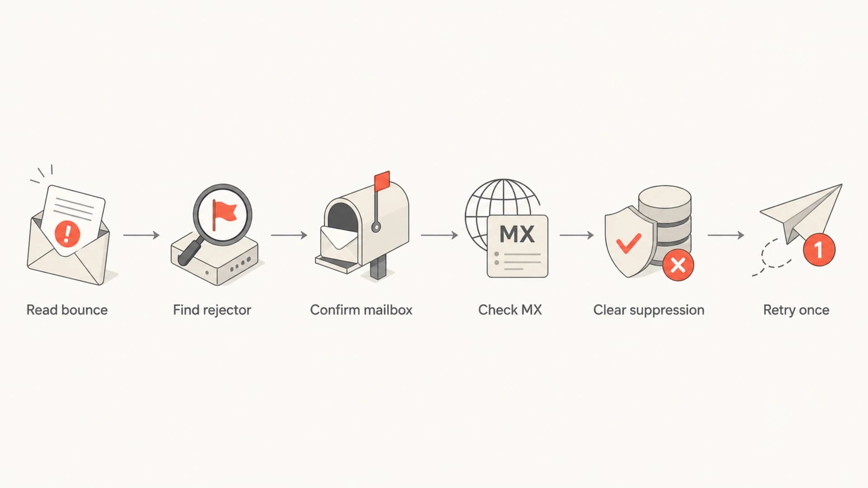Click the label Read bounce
67,310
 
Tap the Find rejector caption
212,310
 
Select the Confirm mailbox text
361,310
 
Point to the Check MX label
510,310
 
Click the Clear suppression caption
649,310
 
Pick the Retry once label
796,310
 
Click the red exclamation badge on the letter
67,233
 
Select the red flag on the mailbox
382,181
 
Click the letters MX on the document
517,234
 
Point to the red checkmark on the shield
629,243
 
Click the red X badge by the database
678,265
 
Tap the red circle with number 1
819,249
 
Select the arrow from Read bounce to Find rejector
142,235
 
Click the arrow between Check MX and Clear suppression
577,235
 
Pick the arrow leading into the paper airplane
726,235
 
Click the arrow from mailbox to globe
439,235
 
